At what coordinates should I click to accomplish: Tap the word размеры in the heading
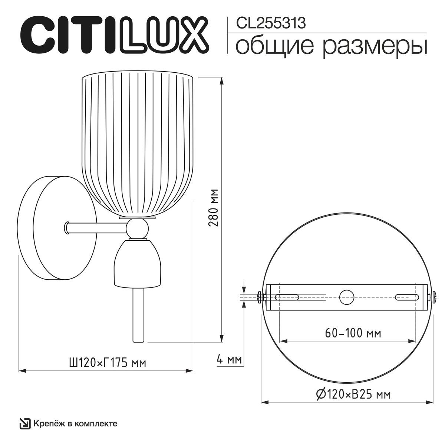375,47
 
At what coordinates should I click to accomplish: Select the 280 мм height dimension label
214,207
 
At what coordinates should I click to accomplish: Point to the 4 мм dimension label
229,359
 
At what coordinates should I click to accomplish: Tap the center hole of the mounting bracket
347,297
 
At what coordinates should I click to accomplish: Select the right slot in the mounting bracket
407,297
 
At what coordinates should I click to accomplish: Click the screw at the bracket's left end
260,297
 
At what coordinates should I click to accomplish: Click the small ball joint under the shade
138,229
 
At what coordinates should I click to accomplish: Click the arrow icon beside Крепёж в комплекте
25,423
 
